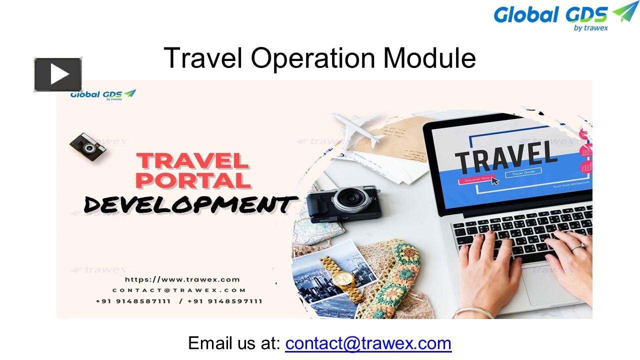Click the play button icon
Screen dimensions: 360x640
click(58, 75)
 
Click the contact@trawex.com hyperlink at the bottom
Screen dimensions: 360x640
click(368, 343)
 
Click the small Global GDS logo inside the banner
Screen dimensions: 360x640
click(103, 94)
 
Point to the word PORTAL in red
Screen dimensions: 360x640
click(193, 180)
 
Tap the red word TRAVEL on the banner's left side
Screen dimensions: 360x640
click(193, 161)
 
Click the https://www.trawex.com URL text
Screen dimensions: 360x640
click(182, 279)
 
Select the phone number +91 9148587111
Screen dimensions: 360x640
click(133, 301)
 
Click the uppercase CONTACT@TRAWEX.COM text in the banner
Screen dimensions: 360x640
click(179, 290)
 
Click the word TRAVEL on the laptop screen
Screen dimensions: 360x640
click(506, 155)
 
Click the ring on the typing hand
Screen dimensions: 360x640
click(578, 246)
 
